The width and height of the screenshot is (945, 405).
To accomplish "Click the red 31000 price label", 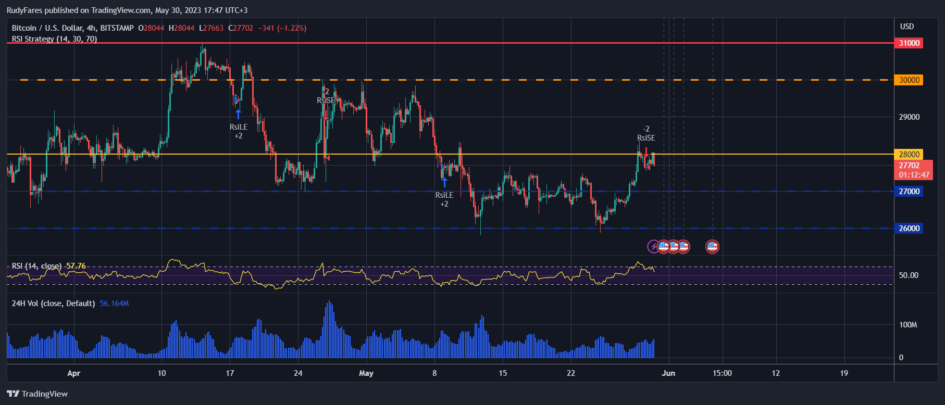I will click(x=909, y=43).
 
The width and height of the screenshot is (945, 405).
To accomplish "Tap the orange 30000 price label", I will click(x=909, y=80).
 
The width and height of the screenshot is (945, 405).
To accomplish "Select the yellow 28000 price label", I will click(x=909, y=154).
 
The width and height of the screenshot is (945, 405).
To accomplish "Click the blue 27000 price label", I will click(x=909, y=192).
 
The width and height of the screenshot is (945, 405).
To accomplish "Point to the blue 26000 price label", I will click(x=909, y=229).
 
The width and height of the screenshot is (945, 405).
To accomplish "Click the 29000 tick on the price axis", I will click(x=909, y=117).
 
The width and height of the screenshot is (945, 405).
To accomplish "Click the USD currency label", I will click(x=907, y=27).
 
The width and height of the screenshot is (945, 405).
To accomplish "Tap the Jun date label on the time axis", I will click(x=668, y=373).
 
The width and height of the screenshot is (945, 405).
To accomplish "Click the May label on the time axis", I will click(x=366, y=373).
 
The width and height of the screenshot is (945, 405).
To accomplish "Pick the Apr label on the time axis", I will click(x=74, y=373).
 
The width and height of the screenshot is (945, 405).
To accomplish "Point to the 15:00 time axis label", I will click(x=722, y=373).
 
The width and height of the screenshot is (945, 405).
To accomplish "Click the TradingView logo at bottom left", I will click(x=38, y=394).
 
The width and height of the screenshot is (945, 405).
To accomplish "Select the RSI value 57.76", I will click(x=76, y=266).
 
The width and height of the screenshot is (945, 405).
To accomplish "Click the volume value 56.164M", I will click(x=114, y=303).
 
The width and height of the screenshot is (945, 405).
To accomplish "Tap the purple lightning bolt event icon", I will click(x=653, y=246).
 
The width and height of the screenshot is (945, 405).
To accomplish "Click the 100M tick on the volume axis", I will click(x=908, y=325).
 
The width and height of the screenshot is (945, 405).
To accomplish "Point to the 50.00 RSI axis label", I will click(x=909, y=275).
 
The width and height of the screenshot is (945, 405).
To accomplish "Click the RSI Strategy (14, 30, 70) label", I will click(x=54, y=39).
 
